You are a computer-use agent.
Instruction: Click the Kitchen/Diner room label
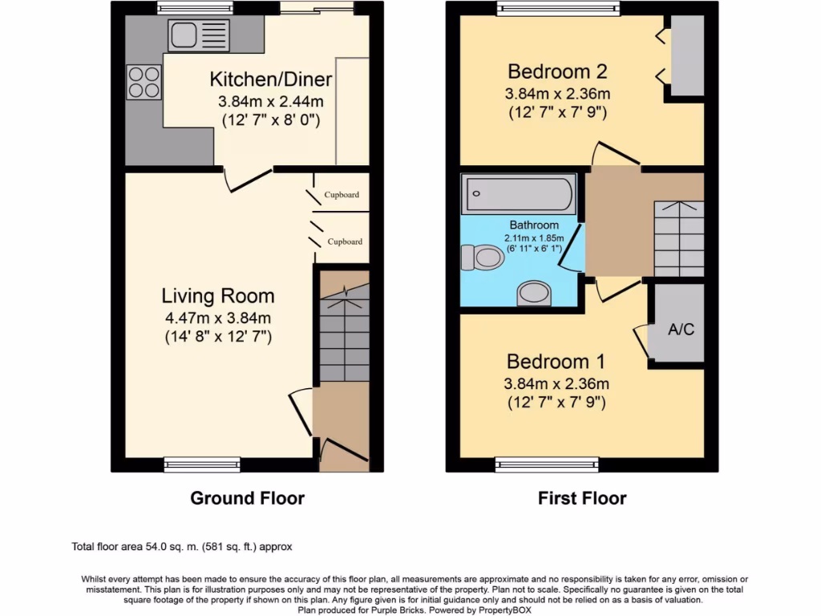[271, 79]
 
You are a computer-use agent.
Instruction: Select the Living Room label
[218, 296]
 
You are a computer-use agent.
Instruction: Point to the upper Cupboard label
[342, 195]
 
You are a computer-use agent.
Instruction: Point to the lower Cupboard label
[345, 241]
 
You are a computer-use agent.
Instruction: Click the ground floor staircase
[344, 333]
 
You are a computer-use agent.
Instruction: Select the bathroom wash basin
[535, 293]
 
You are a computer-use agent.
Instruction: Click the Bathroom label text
[534, 225]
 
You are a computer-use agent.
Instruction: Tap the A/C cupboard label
[681, 329]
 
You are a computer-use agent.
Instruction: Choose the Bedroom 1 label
[556, 361]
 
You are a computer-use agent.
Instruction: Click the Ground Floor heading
[247, 498]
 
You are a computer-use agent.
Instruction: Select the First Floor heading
[582, 498]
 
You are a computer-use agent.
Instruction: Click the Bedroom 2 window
[557, 8]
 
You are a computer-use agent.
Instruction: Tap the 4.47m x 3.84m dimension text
[218, 318]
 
